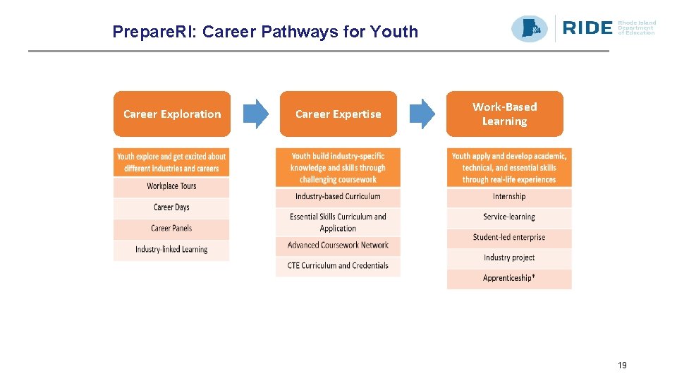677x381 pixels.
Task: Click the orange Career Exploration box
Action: [x=172, y=114]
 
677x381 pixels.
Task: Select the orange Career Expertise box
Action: [x=338, y=114]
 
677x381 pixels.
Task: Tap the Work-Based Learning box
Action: [x=504, y=114]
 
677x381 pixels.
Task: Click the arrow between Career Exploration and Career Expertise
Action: [x=256, y=114]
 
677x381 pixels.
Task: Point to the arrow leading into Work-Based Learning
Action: [x=422, y=114]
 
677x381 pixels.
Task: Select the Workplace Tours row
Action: [x=171, y=186]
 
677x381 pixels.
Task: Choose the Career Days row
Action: [x=171, y=207]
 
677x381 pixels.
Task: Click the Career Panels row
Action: [x=171, y=229]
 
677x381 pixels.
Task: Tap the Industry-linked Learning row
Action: [x=171, y=250]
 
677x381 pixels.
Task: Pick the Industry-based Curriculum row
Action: [x=338, y=197]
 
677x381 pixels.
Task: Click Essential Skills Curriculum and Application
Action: [x=338, y=222]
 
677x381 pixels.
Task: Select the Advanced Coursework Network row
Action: [x=338, y=246]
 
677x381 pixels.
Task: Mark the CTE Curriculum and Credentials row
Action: [x=338, y=266]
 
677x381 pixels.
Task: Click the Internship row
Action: [x=509, y=197]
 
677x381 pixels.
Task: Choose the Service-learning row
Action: [x=509, y=217]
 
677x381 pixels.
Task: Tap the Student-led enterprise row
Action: [x=509, y=238]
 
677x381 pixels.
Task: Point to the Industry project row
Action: [x=509, y=258]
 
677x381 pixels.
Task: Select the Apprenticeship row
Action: [x=509, y=279]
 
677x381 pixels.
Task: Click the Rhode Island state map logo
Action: [x=530, y=28]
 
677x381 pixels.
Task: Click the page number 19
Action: [x=622, y=365]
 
